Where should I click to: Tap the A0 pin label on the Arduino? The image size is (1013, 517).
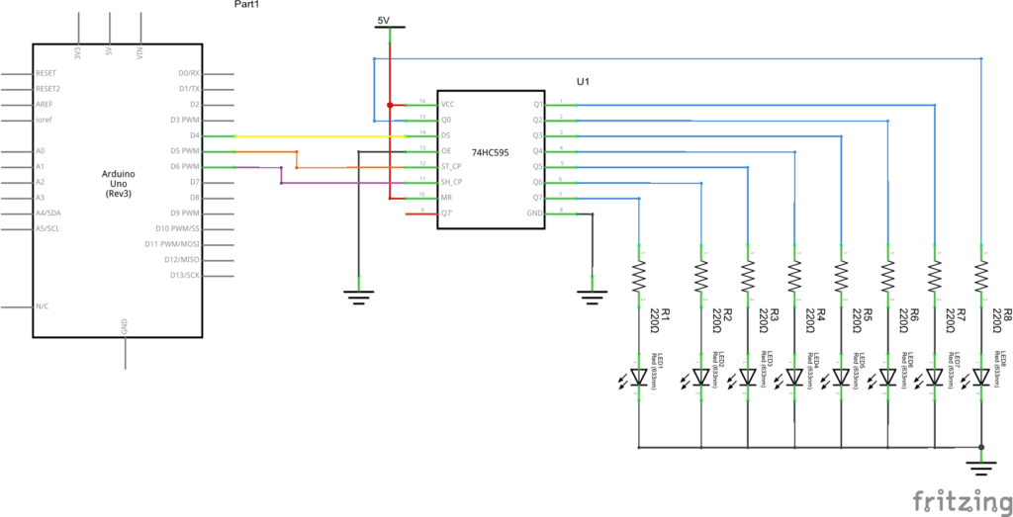pos(41,151)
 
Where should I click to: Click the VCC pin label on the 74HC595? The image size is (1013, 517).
pos(448,104)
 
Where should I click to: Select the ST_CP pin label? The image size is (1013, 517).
pos(452,166)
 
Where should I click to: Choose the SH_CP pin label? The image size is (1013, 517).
pos(452,182)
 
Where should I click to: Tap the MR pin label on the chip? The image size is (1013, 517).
pos(446,198)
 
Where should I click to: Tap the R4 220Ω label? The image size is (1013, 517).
pos(815,322)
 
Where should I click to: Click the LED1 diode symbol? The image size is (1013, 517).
pos(639,377)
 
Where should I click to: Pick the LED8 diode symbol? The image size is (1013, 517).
pos(980,377)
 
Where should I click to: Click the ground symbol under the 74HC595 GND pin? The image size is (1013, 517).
pos(591,293)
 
